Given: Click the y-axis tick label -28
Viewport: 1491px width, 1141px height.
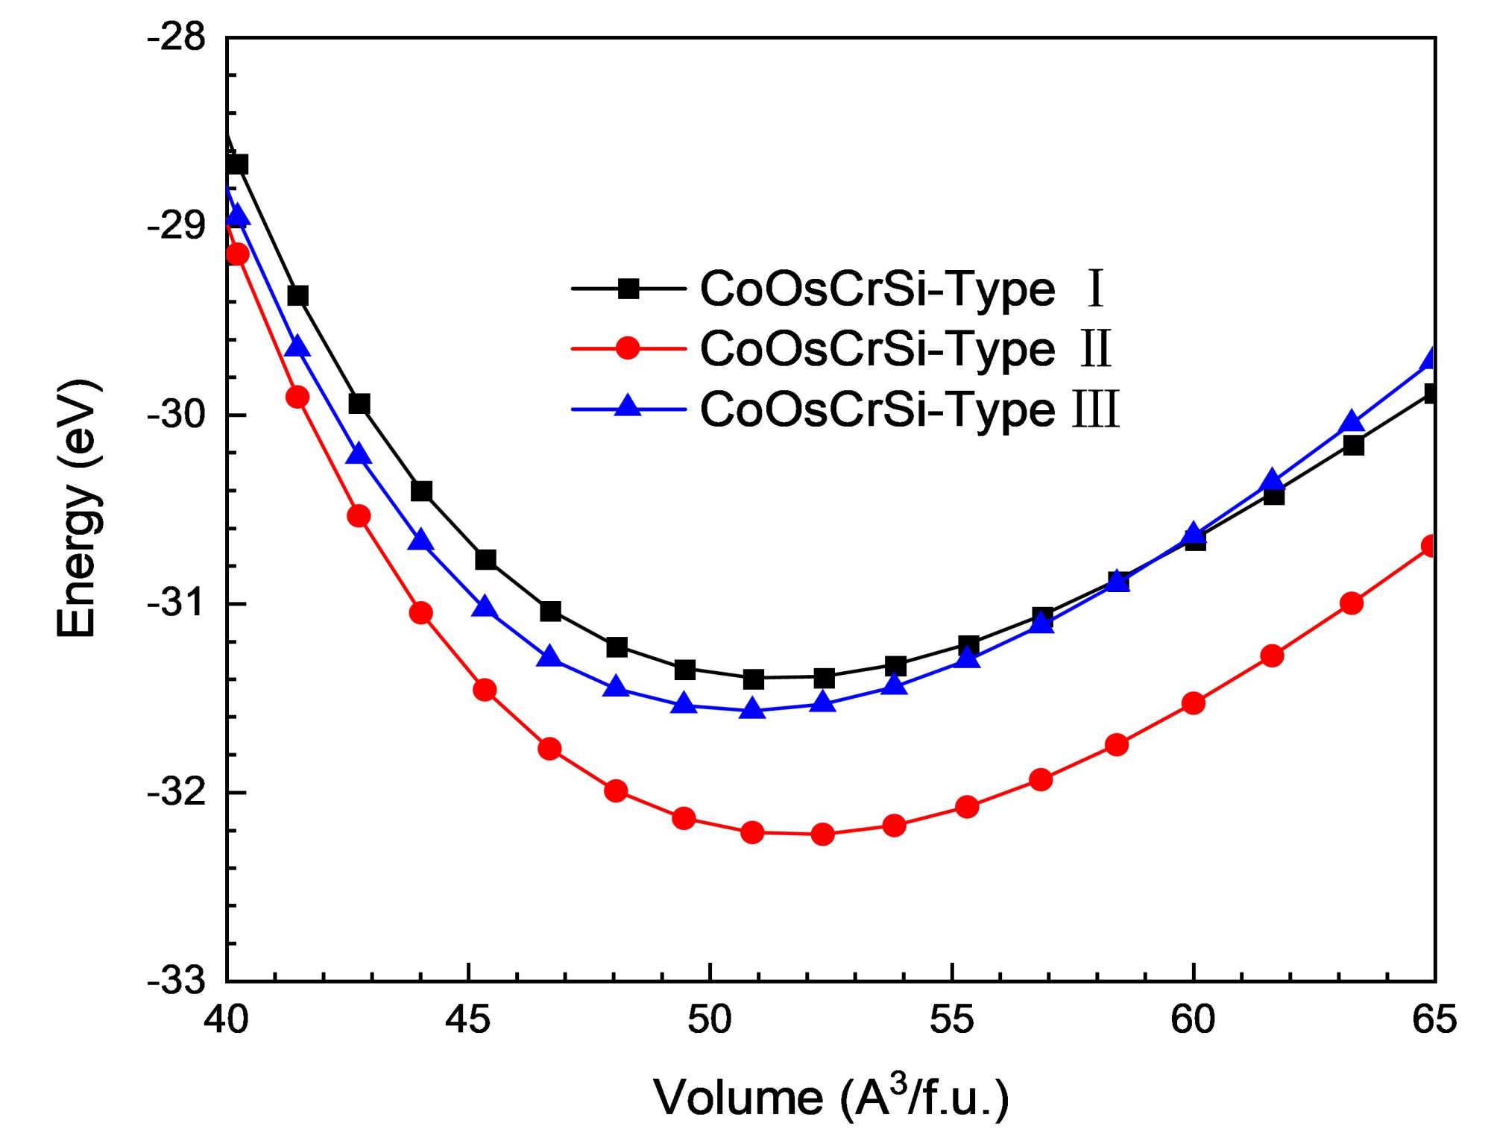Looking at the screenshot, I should (x=177, y=37).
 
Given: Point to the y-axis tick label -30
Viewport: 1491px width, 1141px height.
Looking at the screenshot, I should (x=177, y=415).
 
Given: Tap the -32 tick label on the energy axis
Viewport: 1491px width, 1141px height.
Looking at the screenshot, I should (x=177, y=792).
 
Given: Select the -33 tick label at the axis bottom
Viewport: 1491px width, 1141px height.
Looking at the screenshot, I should (x=177, y=980).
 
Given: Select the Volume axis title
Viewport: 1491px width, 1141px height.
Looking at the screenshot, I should (x=831, y=1097).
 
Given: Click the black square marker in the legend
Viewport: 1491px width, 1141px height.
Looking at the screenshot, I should (x=628, y=289).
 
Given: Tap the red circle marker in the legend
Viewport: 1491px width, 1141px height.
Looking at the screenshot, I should (x=628, y=348).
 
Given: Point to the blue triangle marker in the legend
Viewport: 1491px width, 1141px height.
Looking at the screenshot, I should (x=628, y=406).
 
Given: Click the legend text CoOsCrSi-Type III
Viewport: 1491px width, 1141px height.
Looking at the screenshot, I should (x=910, y=409).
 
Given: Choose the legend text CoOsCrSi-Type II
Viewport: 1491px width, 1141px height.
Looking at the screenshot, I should (x=906, y=349).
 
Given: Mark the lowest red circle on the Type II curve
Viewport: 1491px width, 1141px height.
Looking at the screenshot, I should (x=822, y=834).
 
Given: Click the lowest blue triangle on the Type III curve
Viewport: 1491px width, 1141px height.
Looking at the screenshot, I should (x=752, y=708).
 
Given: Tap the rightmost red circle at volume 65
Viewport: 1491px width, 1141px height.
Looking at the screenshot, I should (x=1429, y=547).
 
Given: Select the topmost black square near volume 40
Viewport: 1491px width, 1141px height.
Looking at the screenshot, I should (x=238, y=164).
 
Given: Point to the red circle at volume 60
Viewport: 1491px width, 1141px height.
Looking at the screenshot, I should (x=1194, y=703).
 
